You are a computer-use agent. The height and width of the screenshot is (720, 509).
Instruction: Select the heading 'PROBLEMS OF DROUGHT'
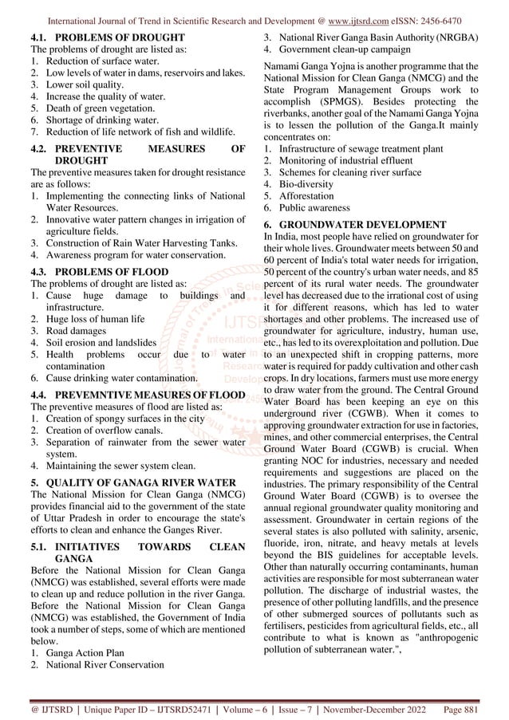(120, 37)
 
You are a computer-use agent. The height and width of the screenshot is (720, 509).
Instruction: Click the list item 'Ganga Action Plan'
(84, 651)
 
